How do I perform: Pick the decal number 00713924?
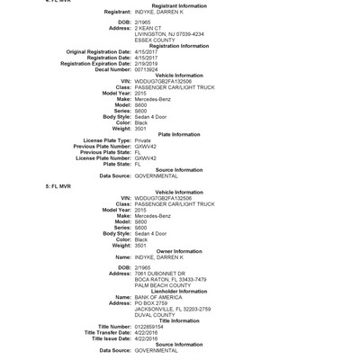150,67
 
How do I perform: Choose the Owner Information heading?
179,251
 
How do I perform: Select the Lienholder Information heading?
179,291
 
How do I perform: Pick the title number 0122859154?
153,326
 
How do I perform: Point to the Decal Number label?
108,67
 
